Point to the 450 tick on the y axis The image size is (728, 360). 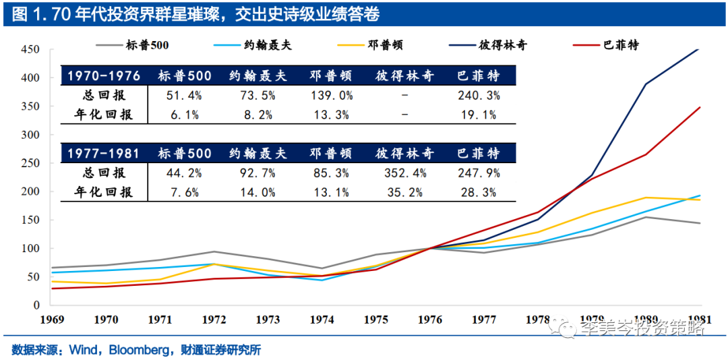tap(30, 50)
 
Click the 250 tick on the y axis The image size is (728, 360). tap(30, 163)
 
